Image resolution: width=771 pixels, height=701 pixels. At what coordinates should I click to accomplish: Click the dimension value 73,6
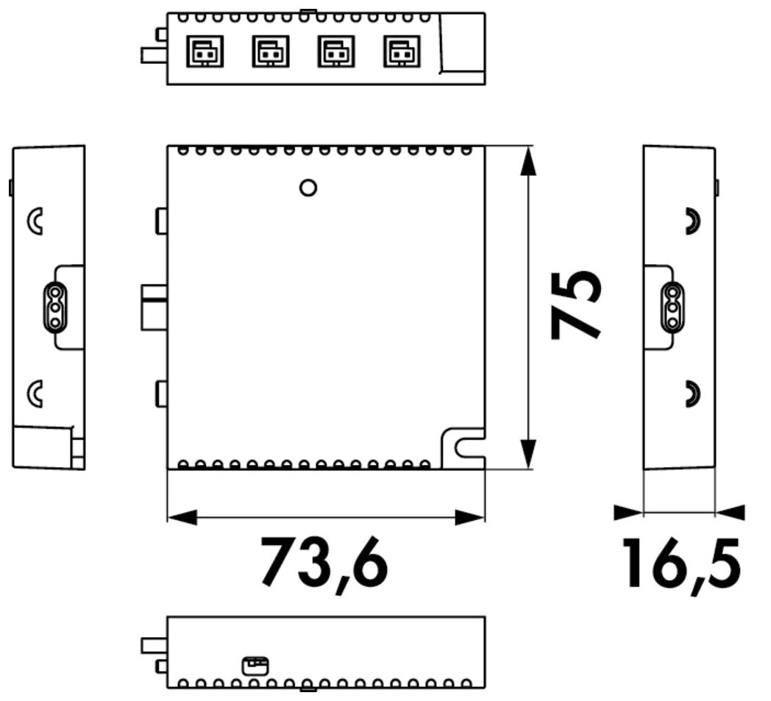324,562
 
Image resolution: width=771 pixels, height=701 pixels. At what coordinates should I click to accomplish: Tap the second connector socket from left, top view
270,51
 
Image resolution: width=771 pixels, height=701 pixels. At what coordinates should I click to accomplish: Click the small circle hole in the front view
309,188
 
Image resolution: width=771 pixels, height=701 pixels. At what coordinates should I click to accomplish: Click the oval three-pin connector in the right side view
671,306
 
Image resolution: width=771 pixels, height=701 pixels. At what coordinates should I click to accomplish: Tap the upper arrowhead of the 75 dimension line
527,161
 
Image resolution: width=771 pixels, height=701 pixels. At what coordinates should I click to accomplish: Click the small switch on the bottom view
255,666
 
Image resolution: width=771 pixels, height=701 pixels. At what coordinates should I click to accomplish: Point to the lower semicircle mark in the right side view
692,394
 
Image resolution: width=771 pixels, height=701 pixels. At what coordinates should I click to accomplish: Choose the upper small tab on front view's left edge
161,221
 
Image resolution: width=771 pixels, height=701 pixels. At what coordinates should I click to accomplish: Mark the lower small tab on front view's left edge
161,394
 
